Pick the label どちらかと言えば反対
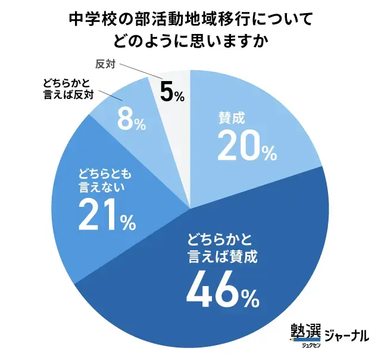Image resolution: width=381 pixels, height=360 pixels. (x=69, y=89)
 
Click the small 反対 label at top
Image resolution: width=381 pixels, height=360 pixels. (x=105, y=62)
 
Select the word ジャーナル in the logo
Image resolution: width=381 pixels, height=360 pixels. (x=346, y=335)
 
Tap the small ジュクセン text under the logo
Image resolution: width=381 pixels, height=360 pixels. (x=305, y=345)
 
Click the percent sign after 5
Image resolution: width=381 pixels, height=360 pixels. (x=179, y=95)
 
